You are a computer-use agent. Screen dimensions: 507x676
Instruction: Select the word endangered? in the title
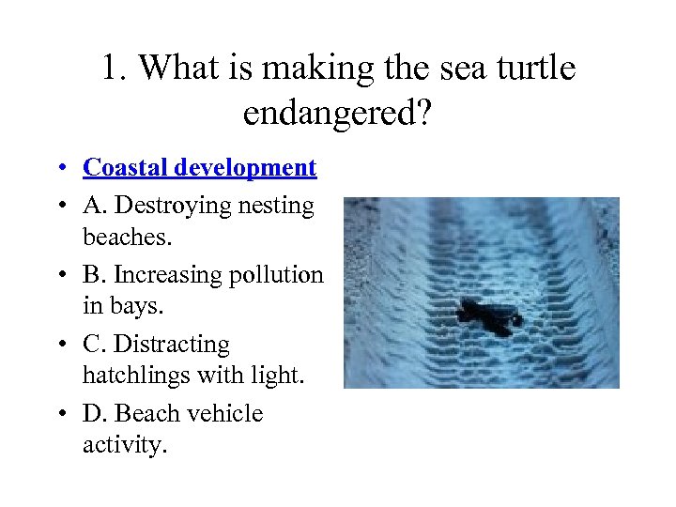[x=339, y=114]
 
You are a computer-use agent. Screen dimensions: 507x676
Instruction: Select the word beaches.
[x=128, y=238]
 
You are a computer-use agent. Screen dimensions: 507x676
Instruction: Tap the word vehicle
[x=224, y=414]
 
